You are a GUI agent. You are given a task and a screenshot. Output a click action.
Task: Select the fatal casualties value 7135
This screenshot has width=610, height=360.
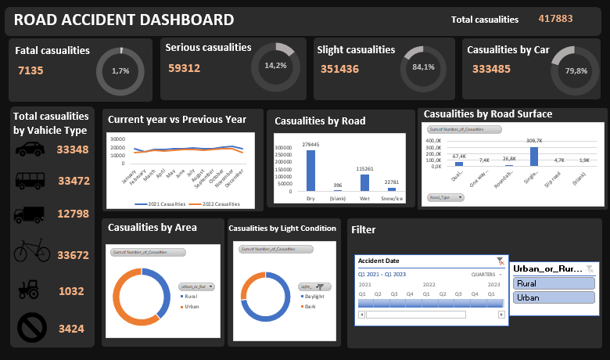[x=30, y=70]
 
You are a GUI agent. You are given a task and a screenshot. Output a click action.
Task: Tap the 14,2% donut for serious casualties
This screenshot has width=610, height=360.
[x=274, y=66]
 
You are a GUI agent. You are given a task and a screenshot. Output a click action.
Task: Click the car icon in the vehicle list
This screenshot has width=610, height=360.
[x=30, y=150]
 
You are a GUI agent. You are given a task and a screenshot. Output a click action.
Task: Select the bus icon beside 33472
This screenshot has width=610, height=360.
[x=30, y=182]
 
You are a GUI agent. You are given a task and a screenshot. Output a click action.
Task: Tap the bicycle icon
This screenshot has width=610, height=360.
[x=30, y=252]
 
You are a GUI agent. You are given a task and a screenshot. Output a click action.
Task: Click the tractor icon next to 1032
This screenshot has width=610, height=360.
[x=30, y=290]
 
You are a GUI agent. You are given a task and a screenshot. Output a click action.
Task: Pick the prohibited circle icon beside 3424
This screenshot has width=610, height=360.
[x=31, y=328]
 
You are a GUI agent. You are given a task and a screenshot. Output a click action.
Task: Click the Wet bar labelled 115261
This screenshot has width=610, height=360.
[x=364, y=182]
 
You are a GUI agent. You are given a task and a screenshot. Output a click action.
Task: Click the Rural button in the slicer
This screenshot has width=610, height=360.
[x=554, y=284]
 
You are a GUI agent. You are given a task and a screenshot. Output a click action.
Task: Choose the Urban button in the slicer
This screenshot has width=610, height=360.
[x=554, y=298]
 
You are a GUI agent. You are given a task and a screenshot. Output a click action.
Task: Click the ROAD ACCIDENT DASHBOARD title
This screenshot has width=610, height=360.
[x=124, y=20]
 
